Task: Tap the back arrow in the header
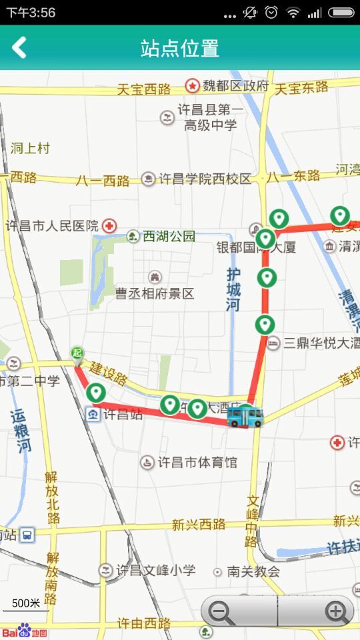pyautogui.click(x=19, y=47)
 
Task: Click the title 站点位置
pyautogui.click(x=180, y=48)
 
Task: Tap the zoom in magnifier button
pyautogui.click(x=335, y=611)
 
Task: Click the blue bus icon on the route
pyautogui.click(x=245, y=415)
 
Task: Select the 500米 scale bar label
pyautogui.click(x=26, y=603)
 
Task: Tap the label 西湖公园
pyautogui.click(x=169, y=236)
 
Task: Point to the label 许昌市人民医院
pyautogui.click(x=52, y=225)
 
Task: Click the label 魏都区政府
pyautogui.click(x=235, y=86)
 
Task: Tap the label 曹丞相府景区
pyautogui.click(x=155, y=293)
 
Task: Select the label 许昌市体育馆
pyautogui.click(x=197, y=462)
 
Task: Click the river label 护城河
pyautogui.click(x=233, y=290)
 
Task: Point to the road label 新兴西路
pyautogui.click(x=199, y=525)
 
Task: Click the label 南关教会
pyautogui.click(x=253, y=571)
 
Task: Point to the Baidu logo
pyautogui.click(x=24, y=630)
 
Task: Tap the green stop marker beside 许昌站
pyautogui.click(x=96, y=393)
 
